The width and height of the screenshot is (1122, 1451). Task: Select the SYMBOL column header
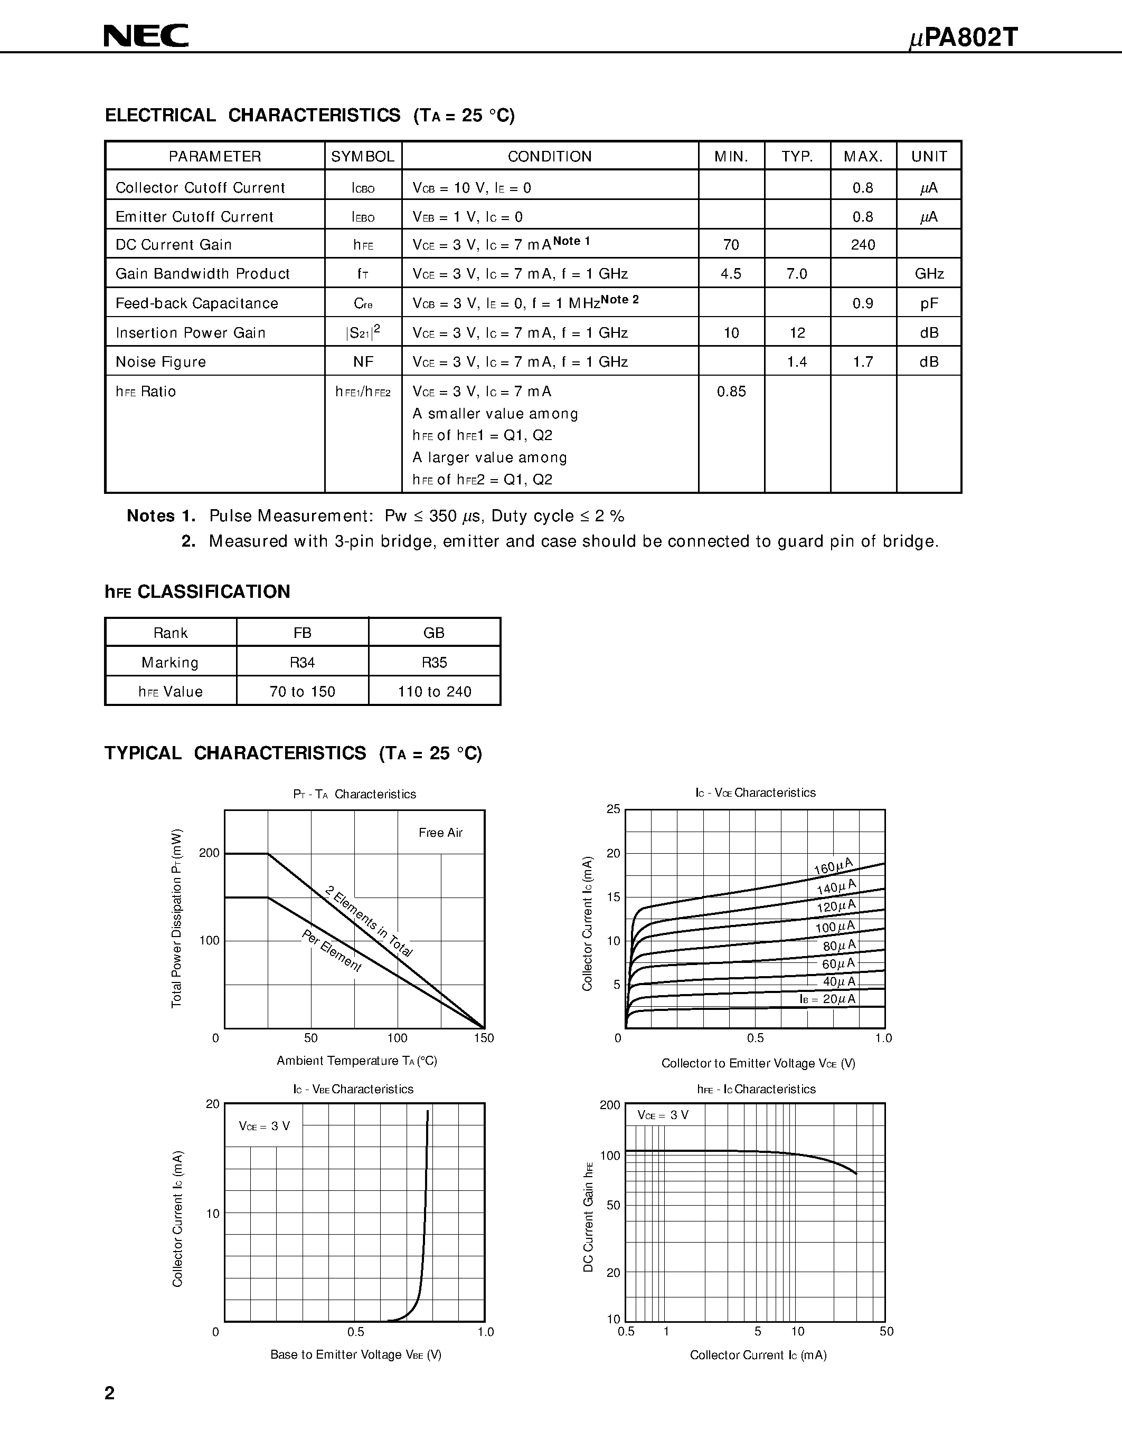pos(363,156)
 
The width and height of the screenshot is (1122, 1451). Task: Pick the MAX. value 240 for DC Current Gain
pos(863,244)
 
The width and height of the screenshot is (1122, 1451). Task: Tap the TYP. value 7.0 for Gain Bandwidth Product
pos(797,274)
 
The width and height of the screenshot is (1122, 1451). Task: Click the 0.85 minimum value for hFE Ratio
pos(731,392)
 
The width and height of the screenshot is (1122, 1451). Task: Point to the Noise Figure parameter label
pos(161,361)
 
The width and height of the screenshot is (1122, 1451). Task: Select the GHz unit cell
pos(929,274)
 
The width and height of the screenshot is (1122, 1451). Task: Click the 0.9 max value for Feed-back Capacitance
pos(863,303)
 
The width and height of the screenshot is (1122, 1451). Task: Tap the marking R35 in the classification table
pos(434,662)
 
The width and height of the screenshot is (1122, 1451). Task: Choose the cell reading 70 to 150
pos(303,692)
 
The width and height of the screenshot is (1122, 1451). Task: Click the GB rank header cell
pos(434,633)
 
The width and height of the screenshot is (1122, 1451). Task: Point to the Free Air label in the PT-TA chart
pos(440,833)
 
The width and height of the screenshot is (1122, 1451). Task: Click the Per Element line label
pos(332,951)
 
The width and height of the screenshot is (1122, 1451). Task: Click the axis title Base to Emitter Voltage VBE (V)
pos(356,1354)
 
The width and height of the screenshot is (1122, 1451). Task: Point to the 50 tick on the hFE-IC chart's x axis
pos(886,1331)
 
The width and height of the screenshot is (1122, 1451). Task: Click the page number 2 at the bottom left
pos(110,1393)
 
